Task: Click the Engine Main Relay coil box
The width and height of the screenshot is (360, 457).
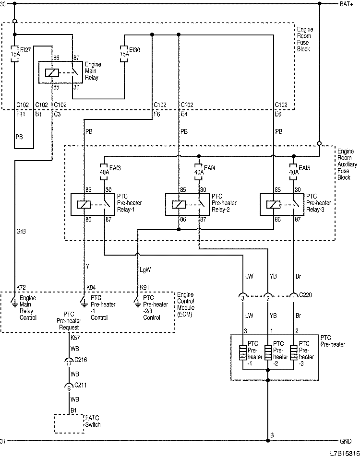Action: [x=51, y=72]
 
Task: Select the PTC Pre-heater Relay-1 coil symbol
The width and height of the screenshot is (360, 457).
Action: [x=84, y=205]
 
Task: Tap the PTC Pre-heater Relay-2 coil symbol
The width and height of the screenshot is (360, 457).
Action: [x=179, y=205]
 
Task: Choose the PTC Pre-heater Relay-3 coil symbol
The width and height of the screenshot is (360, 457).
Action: [x=273, y=205]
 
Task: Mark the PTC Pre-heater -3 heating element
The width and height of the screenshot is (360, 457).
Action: [x=293, y=352]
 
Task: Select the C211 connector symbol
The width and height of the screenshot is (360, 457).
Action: [x=69, y=387]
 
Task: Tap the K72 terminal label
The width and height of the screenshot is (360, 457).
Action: [x=22, y=287]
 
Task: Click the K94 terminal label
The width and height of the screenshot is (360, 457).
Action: [x=91, y=287]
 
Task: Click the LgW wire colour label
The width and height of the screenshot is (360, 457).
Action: [x=145, y=270]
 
